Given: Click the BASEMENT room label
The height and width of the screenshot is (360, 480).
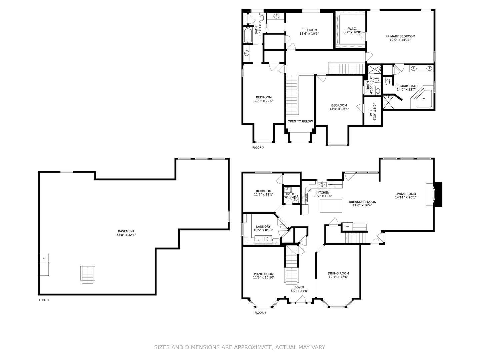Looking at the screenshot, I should [x=126, y=231].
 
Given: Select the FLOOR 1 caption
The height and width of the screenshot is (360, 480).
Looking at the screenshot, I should [x=43, y=300].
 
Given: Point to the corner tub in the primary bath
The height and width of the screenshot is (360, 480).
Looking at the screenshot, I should [x=424, y=99].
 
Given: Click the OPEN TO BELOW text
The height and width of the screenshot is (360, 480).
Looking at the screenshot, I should [x=300, y=121].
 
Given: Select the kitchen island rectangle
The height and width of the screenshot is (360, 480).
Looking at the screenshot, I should [x=331, y=205].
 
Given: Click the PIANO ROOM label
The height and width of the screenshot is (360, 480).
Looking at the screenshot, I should [x=263, y=274].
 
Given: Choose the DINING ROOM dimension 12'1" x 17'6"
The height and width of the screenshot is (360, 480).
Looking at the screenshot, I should [x=338, y=277].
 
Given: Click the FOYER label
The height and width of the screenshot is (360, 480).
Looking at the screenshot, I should [x=299, y=287].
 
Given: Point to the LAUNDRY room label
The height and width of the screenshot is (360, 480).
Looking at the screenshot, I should [x=263, y=227].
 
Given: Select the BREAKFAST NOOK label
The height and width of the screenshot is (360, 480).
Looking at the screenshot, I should [x=362, y=202].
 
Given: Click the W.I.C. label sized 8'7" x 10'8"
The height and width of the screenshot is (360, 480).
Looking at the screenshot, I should [x=352, y=29].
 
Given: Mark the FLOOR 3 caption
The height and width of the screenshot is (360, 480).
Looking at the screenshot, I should [x=258, y=147].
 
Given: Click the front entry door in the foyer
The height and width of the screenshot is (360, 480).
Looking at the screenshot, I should [x=301, y=302].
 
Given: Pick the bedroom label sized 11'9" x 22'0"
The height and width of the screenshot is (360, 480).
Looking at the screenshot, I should [x=264, y=97].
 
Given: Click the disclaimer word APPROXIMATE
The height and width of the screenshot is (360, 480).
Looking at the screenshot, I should [x=253, y=347].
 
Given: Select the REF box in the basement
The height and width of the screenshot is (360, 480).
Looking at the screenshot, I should [x=44, y=258].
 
